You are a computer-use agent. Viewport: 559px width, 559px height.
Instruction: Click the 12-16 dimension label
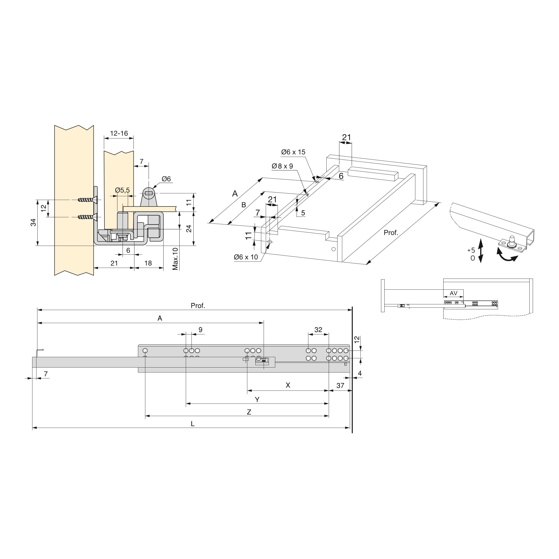tap(119, 133)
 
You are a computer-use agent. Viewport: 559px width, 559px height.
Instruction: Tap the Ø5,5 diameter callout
tap(122, 190)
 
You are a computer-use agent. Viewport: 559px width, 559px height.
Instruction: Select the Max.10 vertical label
tap(175, 259)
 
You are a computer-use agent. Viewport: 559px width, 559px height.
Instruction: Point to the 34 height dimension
tap(34, 222)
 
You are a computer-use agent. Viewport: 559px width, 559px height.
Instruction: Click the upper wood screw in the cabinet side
tap(86, 200)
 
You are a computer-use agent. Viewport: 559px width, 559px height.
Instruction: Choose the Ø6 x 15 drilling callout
tap(293, 152)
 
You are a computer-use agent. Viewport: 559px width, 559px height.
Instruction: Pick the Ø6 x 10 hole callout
tap(246, 257)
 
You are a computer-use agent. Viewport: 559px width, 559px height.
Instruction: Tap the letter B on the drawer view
tap(244, 205)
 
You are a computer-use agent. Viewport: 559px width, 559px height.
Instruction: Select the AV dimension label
tap(453, 293)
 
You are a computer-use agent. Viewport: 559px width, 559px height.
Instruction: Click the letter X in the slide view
tap(288, 385)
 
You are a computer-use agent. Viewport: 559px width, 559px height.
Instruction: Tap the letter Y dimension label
tap(257, 399)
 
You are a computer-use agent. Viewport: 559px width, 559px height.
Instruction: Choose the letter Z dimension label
tap(249, 412)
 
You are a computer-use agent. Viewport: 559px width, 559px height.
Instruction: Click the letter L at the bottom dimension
tap(193, 424)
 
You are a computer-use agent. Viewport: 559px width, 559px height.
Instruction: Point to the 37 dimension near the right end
tap(340, 386)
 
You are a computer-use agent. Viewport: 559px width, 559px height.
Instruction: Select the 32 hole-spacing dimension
tap(318, 330)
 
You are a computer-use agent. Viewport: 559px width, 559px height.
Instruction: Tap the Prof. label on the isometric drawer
tap(390, 233)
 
